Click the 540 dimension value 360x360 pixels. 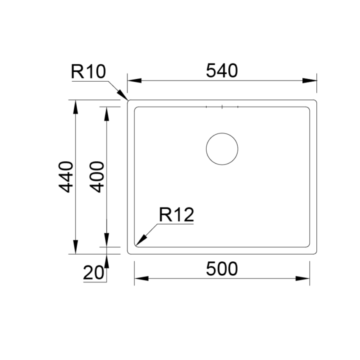coord(222,71)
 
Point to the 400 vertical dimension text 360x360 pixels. coord(97,177)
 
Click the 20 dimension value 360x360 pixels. coord(94,273)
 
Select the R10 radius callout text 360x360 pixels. coord(88,72)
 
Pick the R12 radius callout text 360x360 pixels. coord(177,216)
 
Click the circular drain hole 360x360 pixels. coord(222,149)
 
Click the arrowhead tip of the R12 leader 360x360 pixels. coord(136,244)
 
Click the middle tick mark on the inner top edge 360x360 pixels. coord(222,107)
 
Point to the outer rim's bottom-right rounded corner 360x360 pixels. coord(316,252)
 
